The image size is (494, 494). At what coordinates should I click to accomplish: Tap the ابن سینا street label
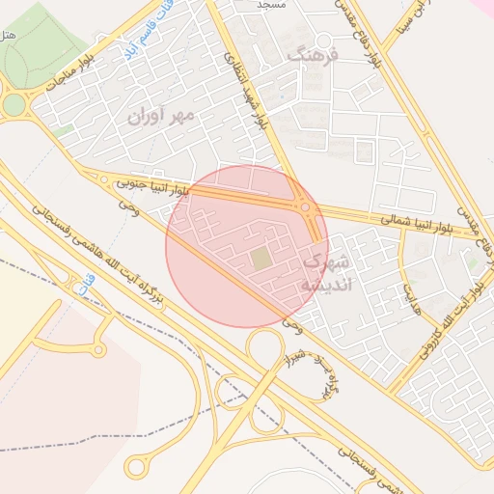pyautogui.click(x=406, y=25)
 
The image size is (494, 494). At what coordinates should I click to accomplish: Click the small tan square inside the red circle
pyautogui.click(x=261, y=259)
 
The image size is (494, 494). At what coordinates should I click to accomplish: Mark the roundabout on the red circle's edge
pyautogui.click(x=305, y=206)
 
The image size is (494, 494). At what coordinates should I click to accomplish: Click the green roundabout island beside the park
pyautogui.click(x=14, y=104)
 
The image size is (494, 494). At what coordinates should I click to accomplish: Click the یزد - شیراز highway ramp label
pyautogui.click(x=318, y=376)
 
